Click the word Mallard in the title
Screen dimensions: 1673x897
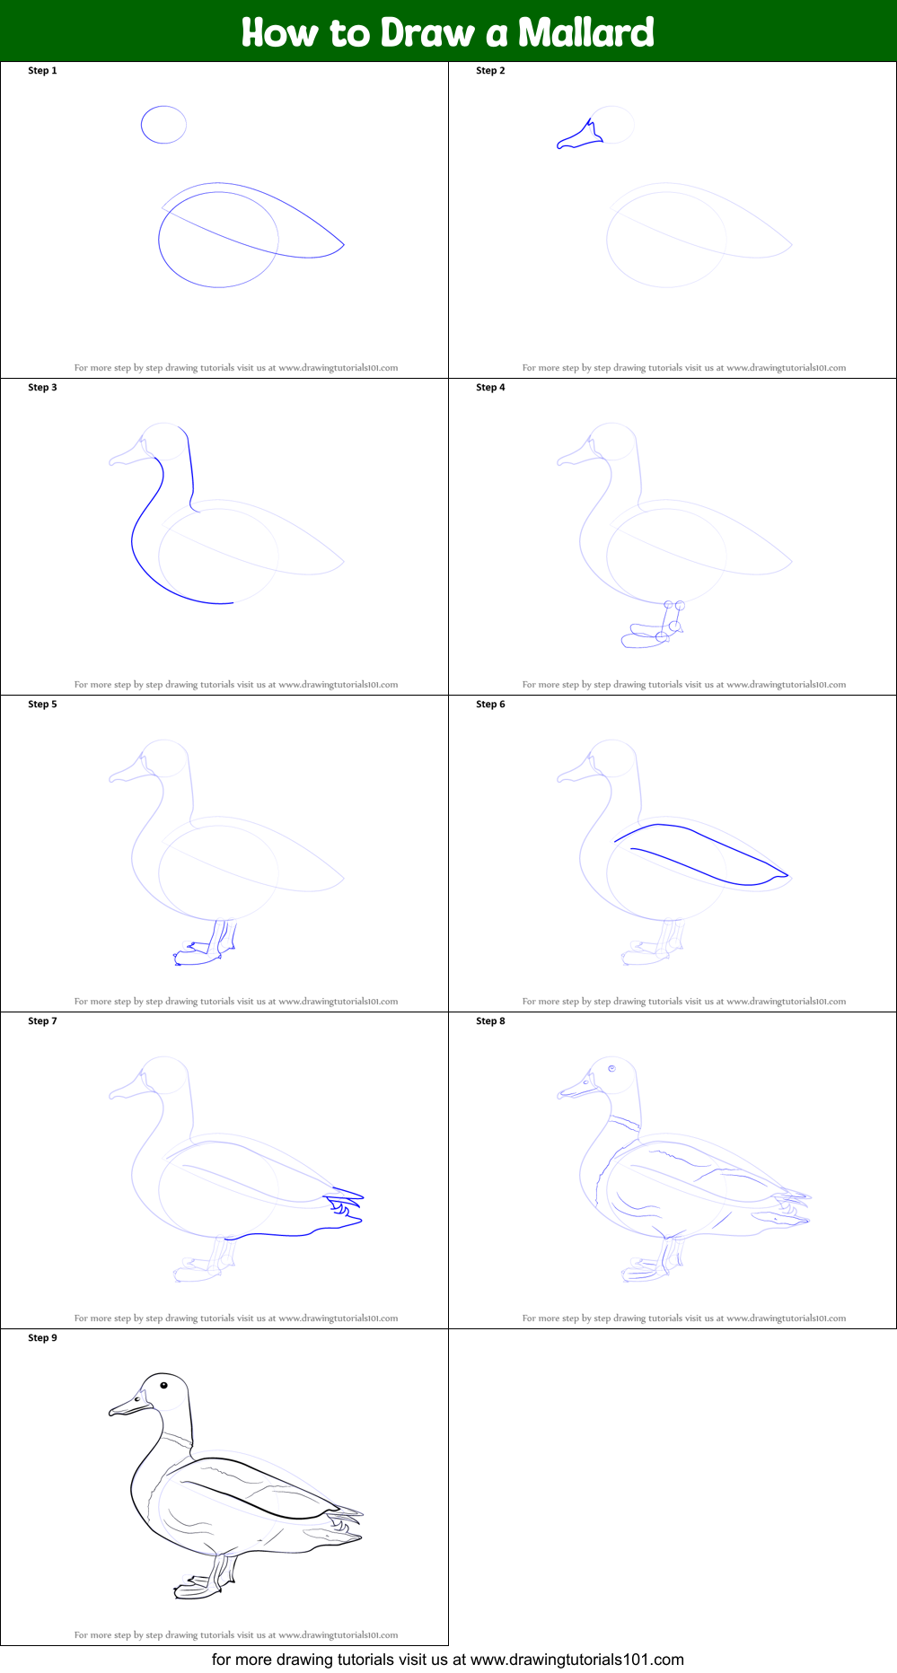(585, 33)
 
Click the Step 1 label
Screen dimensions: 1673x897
(42, 71)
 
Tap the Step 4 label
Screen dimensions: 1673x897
(490, 388)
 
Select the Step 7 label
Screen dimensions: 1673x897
(42, 1021)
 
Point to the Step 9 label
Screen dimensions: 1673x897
(42, 1338)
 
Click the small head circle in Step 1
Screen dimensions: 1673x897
(163, 125)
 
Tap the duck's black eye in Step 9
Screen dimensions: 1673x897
(164, 1386)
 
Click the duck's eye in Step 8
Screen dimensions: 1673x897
(611, 1068)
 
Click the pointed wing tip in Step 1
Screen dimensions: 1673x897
(341, 244)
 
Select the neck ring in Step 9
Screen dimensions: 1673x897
(177, 1438)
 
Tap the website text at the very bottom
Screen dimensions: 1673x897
(447, 1660)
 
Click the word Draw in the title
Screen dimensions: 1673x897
(427, 33)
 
